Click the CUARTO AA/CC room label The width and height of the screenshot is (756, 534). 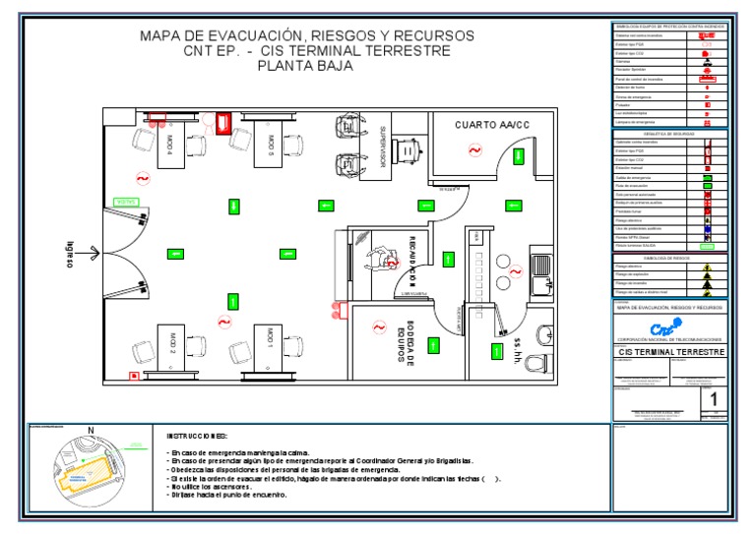[x=492, y=125]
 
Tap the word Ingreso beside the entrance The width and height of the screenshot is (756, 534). [x=70, y=254]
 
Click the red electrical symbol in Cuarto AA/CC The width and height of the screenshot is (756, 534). [x=474, y=150]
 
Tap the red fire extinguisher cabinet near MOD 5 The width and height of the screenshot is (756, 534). [x=223, y=122]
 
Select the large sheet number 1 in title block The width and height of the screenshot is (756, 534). [x=714, y=399]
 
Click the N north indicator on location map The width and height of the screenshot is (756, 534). [x=91, y=431]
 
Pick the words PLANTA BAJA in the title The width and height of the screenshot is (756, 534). [x=305, y=67]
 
